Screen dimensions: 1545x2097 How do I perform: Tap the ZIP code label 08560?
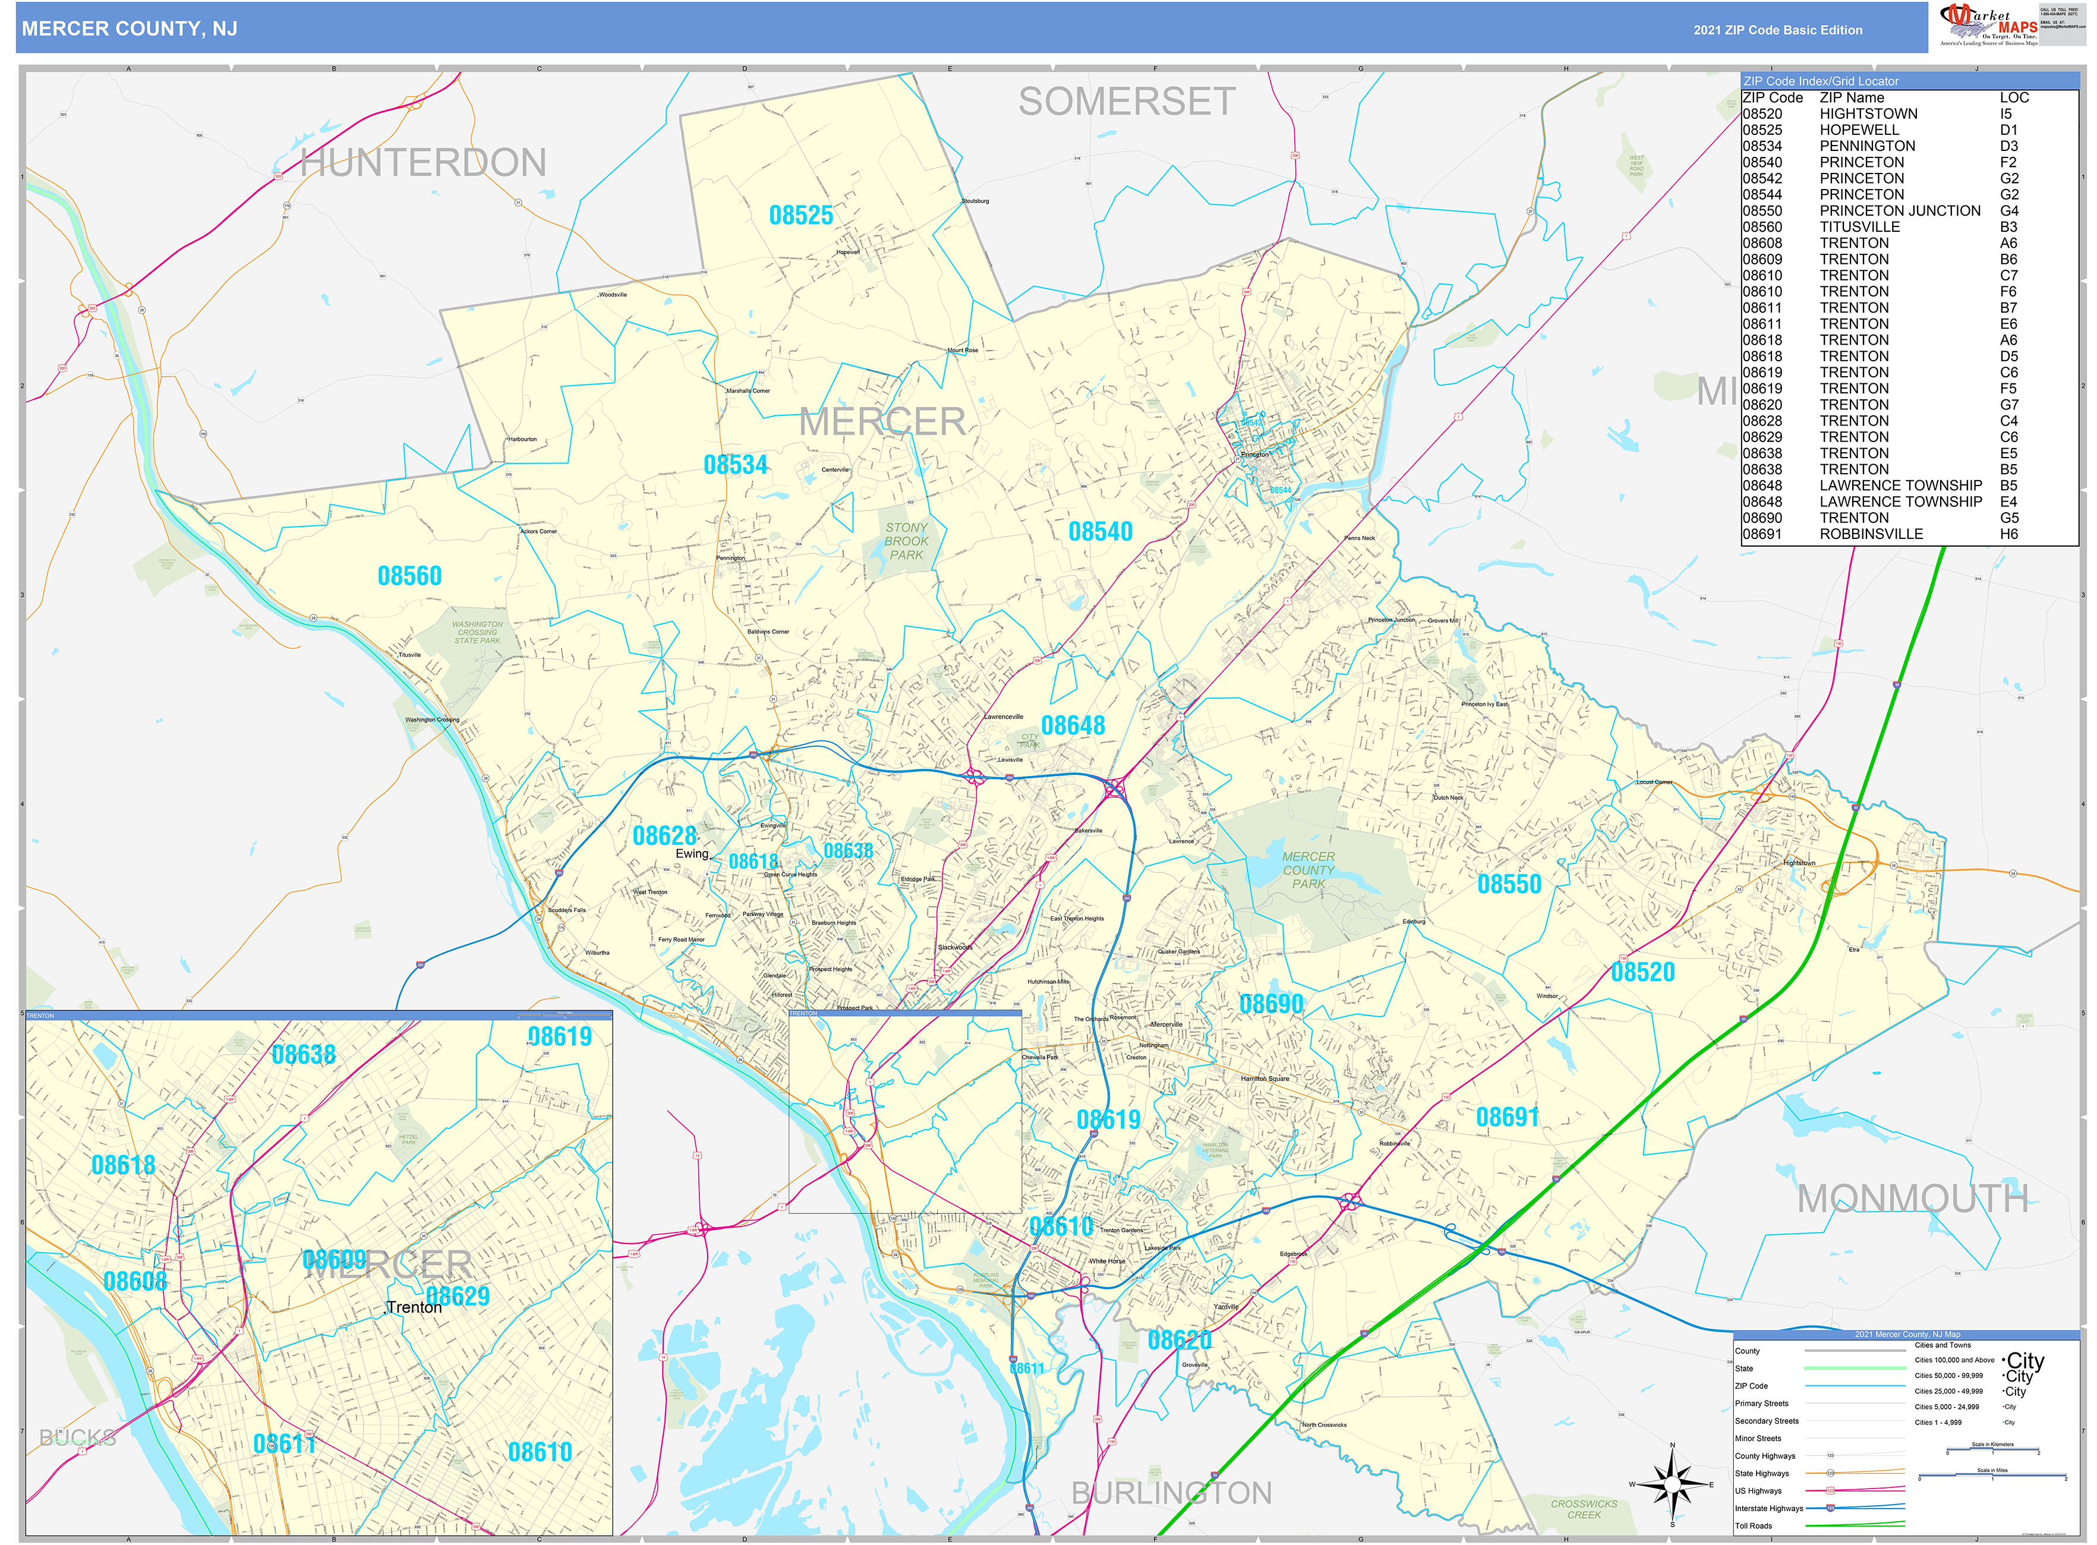pyautogui.click(x=409, y=576)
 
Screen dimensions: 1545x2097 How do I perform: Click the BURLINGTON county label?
pyautogui.click(x=1171, y=1493)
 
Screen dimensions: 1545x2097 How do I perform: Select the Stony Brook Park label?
pyautogui.click(x=906, y=541)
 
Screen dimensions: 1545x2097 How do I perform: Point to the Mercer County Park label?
pyautogui.click(x=1308, y=870)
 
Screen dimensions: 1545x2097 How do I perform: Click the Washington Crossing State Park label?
pyautogui.click(x=477, y=632)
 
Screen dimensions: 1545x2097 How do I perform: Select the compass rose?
pyautogui.click(x=1672, y=1484)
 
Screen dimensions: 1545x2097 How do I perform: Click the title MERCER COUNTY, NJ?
pyautogui.click(x=129, y=29)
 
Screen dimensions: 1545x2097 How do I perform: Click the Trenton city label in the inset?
pyautogui.click(x=414, y=1307)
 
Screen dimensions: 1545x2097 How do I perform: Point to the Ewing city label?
pyautogui.click(x=692, y=854)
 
